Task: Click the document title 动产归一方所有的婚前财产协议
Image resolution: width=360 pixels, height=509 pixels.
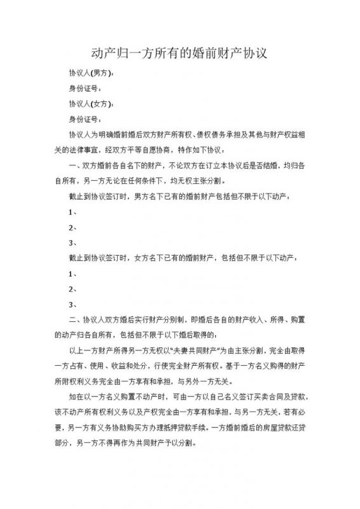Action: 180,53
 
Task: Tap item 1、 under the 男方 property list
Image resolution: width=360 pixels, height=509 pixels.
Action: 73,212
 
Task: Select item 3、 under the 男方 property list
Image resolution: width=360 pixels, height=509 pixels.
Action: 73,242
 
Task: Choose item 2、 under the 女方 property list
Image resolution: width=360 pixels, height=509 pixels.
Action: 73,289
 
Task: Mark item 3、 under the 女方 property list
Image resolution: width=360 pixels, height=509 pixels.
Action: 73,304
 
